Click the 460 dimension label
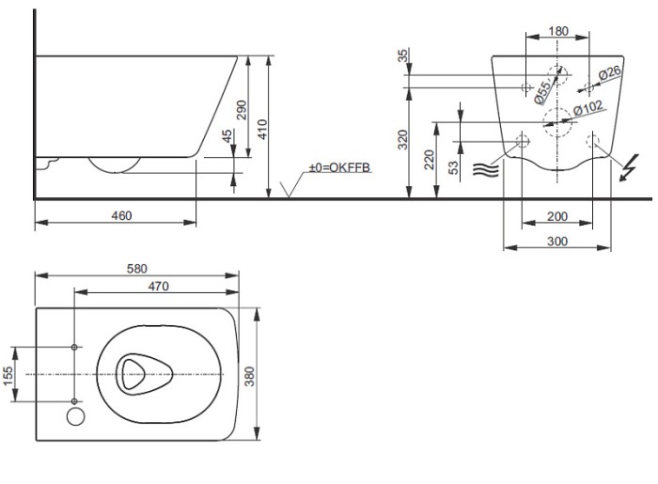(121, 215)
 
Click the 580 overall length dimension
(137, 268)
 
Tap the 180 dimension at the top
(557, 32)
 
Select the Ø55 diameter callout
(541, 90)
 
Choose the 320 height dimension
(402, 141)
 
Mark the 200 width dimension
(556, 217)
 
